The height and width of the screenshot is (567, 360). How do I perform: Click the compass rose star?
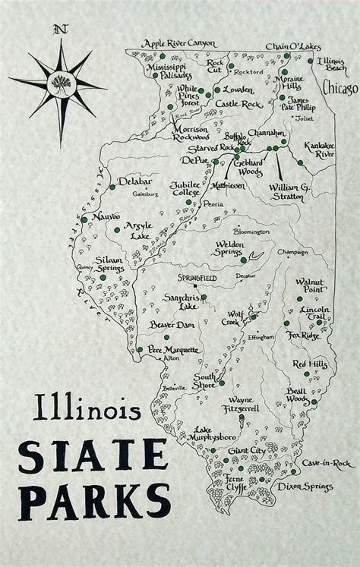pos(59,83)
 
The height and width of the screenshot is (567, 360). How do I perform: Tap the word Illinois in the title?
pos(86,411)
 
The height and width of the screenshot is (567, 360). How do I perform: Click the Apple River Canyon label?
pos(178,44)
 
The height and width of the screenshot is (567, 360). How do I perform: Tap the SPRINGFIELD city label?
pos(197,278)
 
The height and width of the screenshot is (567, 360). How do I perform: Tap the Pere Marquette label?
pos(173,350)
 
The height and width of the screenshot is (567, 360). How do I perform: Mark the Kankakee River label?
pos(319,149)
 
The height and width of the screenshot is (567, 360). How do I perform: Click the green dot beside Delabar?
pos(112,186)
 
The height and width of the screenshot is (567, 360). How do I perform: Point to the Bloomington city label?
pos(251,231)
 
